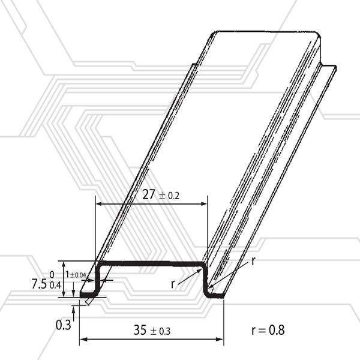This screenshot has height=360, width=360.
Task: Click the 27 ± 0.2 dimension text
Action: pyautogui.click(x=161, y=194)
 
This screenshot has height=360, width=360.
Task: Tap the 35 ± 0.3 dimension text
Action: pyautogui.click(x=152, y=330)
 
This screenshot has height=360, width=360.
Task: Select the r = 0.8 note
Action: pyautogui.click(x=268, y=330)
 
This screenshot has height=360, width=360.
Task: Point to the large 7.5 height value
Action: pyautogui.click(x=39, y=284)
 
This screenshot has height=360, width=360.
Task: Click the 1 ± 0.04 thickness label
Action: pyautogui.click(x=76, y=275)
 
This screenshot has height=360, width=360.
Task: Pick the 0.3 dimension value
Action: pyautogui.click(x=64, y=325)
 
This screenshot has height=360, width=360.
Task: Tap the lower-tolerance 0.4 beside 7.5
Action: pyautogui.click(x=55, y=285)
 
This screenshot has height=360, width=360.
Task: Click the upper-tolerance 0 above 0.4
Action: pyautogui.click(x=52, y=275)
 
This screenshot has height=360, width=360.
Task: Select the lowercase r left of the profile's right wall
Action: pyautogui.click(x=173, y=284)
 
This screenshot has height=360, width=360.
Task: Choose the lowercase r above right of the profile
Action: pyautogui.click(x=253, y=261)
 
